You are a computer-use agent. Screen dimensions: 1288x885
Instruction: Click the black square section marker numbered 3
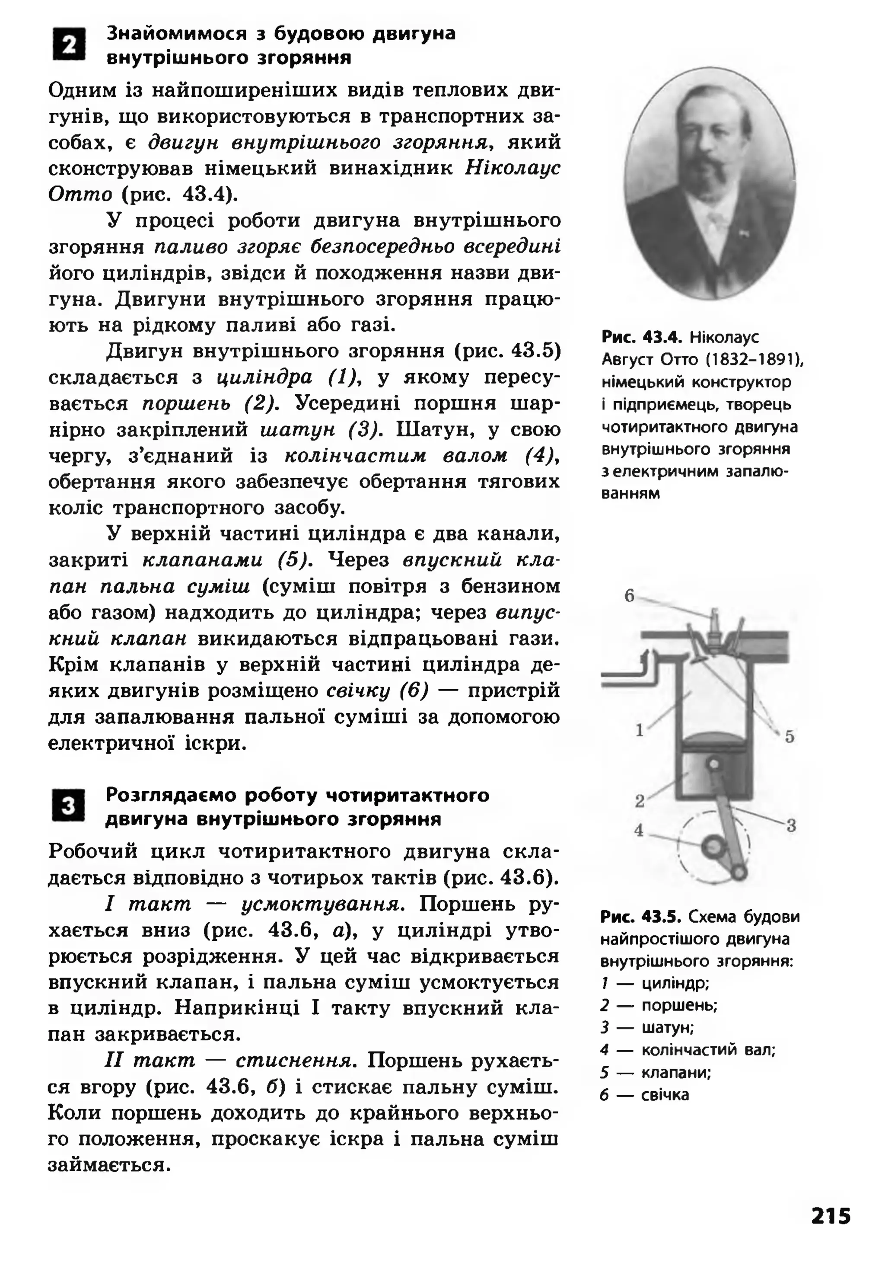click(69, 805)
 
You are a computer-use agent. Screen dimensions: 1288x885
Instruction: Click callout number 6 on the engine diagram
click(629, 596)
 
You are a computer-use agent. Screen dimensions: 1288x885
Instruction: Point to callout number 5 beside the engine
click(789, 737)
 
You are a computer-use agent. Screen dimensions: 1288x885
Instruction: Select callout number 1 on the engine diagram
click(640, 730)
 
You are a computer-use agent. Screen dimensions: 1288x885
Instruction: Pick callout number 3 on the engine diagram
click(791, 825)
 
